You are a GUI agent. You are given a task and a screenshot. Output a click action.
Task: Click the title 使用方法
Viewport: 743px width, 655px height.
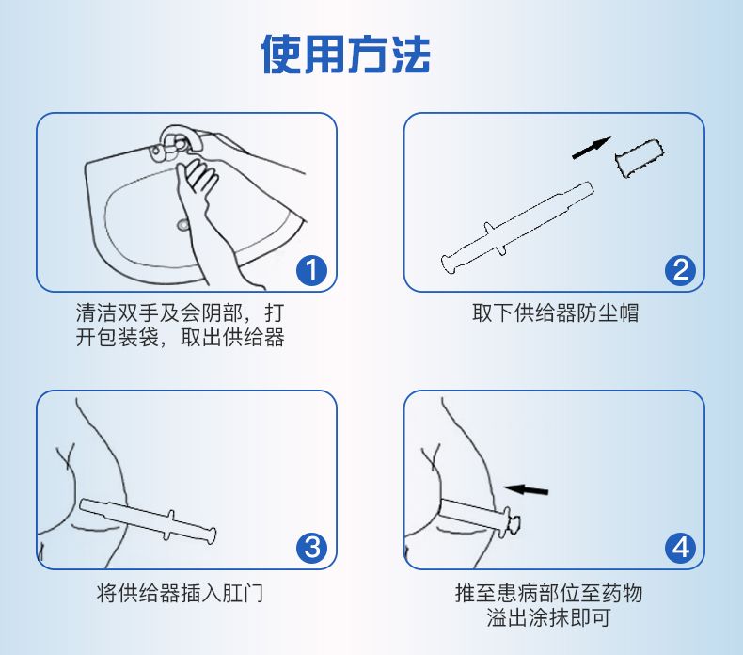345,54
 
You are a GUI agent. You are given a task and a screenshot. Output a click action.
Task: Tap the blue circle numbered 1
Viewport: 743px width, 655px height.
312,270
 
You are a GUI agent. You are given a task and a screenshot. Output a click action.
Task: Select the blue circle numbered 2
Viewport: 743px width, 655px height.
680,270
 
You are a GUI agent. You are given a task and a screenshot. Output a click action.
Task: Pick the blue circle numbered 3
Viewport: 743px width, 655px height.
312,548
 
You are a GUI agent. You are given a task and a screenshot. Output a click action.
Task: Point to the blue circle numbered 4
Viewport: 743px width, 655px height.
680,548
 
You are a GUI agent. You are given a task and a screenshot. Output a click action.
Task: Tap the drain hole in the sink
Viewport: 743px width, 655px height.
182,224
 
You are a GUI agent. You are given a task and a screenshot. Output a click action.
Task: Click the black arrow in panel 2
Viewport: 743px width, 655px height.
592,148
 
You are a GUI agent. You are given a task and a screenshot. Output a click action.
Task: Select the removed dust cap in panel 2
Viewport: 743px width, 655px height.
639,158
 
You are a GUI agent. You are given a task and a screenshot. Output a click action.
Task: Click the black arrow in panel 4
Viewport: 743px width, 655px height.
526,489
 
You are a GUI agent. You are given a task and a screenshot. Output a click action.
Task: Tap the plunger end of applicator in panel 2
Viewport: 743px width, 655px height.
449,264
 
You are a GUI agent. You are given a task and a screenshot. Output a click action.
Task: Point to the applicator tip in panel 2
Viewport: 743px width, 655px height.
587,188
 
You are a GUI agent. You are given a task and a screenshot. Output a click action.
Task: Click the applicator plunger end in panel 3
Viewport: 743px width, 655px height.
212,535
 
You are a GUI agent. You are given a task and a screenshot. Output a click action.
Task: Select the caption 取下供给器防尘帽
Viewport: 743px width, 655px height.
555,313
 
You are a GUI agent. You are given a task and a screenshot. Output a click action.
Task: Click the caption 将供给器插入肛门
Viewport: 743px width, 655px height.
180,593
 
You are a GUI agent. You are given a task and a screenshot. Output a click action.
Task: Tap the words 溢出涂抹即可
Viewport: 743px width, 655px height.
548,617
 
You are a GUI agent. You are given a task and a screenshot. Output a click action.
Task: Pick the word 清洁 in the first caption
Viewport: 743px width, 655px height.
96,313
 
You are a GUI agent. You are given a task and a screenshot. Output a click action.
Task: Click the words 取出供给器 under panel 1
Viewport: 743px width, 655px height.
232,338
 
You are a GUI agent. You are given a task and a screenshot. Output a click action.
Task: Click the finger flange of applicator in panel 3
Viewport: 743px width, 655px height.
168,525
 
